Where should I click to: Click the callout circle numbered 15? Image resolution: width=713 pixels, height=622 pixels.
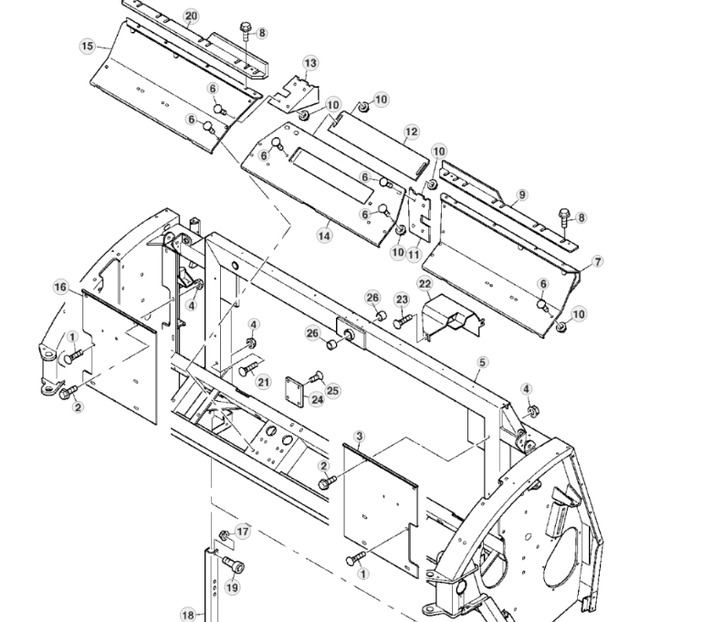pyautogui.click(x=88, y=46)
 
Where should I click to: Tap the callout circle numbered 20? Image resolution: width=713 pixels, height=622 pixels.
pyautogui.click(x=190, y=16)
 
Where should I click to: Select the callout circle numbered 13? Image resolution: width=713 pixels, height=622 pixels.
pyautogui.click(x=311, y=62)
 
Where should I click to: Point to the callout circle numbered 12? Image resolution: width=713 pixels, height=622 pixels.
pyautogui.click(x=412, y=132)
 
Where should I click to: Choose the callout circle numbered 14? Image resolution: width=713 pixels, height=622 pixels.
pyautogui.click(x=324, y=235)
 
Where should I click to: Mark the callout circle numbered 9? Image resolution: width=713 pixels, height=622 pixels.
pyautogui.click(x=522, y=195)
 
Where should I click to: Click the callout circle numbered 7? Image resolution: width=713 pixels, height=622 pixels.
pyautogui.click(x=598, y=261)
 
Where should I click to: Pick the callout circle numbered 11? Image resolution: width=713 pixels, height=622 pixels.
pyautogui.click(x=414, y=254)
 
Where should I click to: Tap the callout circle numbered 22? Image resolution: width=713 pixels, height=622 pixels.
pyautogui.click(x=425, y=284)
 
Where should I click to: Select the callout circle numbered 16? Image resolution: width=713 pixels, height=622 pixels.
pyautogui.click(x=60, y=287)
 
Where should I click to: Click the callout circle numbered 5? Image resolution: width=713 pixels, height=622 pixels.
pyautogui.click(x=481, y=362)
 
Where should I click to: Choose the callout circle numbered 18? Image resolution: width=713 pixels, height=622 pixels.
pyautogui.click(x=187, y=615)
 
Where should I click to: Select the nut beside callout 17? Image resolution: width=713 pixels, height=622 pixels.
pyautogui.click(x=224, y=533)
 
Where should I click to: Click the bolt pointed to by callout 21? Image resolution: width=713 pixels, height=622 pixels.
pyautogui.click(x=246, y=370)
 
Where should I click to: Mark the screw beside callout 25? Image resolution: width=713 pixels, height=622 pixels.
pyautogui.click(x=316, y=375)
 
